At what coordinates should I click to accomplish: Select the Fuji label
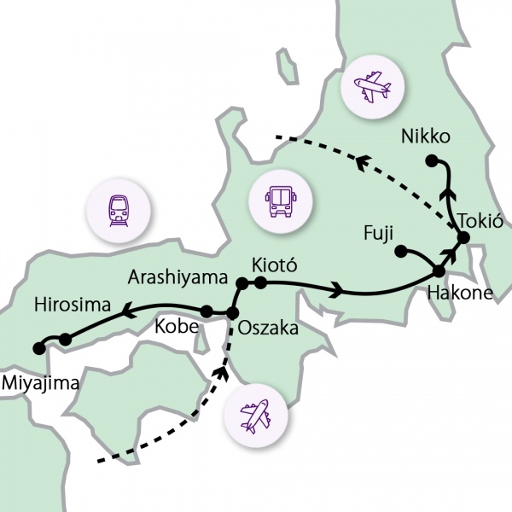(378, 233)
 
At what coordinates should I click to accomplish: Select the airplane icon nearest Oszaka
(255, 416)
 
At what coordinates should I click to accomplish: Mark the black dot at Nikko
(432, 160)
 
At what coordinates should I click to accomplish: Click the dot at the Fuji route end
(399, 251)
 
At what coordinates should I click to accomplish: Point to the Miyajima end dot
(38, 348)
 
